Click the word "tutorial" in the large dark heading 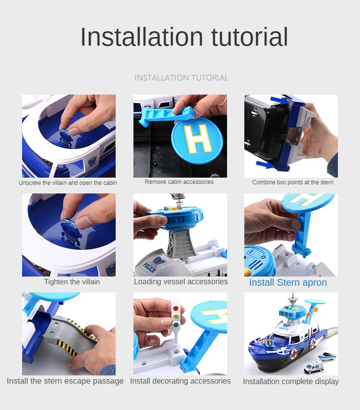coord(250,37)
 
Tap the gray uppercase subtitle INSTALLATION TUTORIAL coord(181,78)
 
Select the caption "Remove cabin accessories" coord(180,182)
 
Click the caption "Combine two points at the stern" coord(292,182)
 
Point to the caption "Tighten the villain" coord(72,282)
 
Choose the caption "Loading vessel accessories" coord(181,282)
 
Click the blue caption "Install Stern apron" coord(288,282)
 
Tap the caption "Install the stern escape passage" coord(65,381)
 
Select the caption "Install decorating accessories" coord(180,381)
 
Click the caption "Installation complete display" coord(291,382)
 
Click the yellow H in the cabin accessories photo coord(198,139)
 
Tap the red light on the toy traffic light coord(176,309)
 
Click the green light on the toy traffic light coord(175,326)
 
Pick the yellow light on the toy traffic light coord(176,317)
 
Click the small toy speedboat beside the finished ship coord(327,356)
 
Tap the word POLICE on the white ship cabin coord(150,268)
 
